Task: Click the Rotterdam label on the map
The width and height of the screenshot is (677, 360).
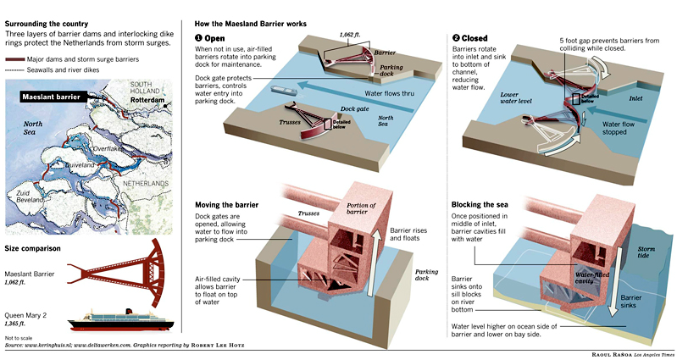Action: pos(151,97)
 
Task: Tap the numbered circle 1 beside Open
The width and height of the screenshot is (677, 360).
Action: pos(198,37)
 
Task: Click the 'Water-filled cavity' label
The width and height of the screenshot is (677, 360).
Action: pos(594,277)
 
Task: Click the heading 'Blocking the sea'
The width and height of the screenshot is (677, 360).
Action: pos(485,205)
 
